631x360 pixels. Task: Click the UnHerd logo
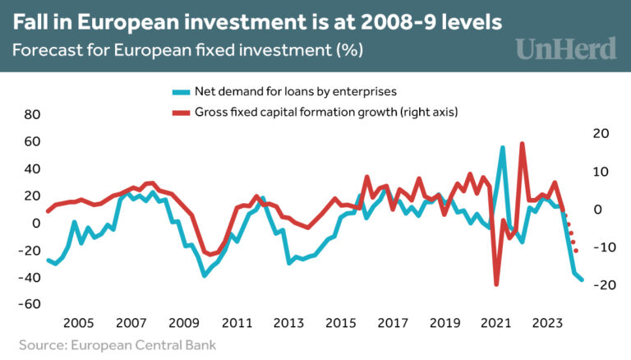[x=566, y=48]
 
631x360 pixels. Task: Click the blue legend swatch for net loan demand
[x=177, y=90]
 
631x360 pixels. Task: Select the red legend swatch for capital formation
[x=177, y=110]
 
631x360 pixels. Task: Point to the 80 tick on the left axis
[x=32, y=115]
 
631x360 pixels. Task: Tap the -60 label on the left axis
[x=29, y=304]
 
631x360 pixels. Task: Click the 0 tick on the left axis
[x=35, y=223]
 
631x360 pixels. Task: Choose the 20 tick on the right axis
[x=600, y=133]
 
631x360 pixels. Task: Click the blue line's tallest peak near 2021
[x=503, y=148]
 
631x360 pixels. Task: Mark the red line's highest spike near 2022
[x=523, y=143]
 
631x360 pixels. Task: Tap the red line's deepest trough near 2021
[x=496, y=284]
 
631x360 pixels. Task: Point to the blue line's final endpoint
[x=582, y=279]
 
